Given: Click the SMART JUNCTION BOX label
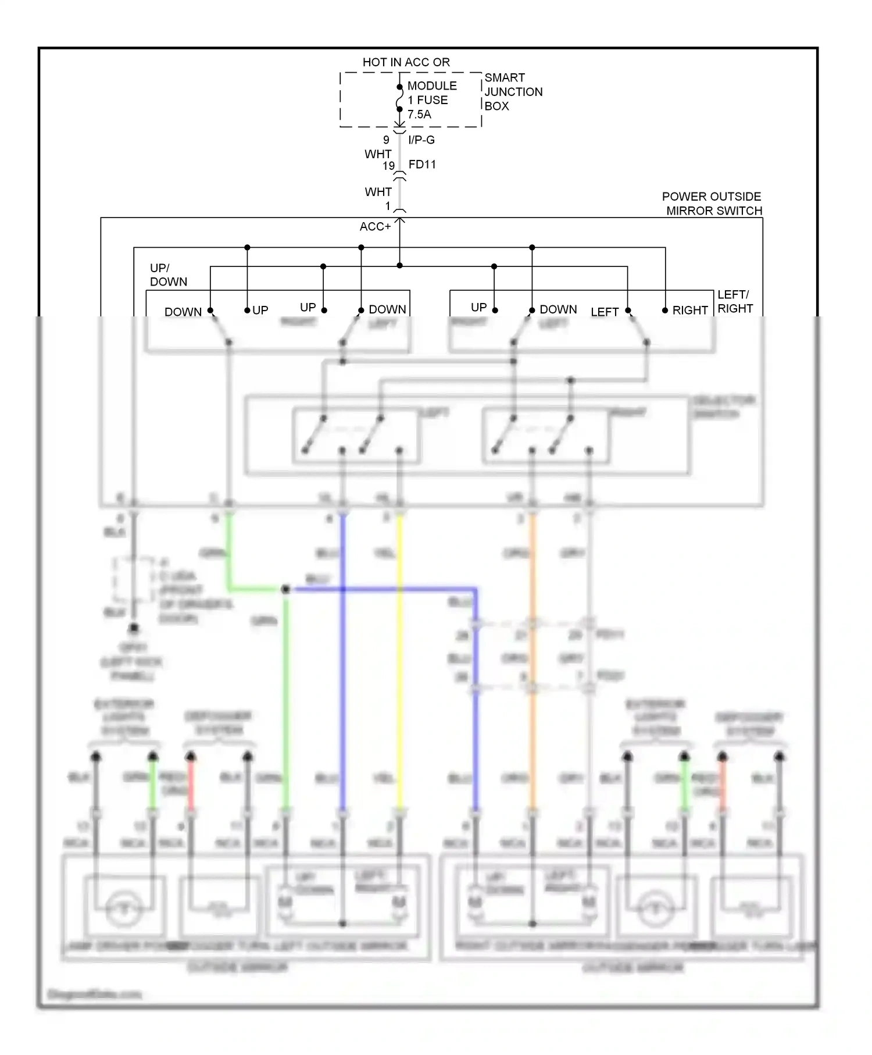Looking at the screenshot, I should tap(513, 92).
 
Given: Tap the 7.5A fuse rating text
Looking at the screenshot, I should tap(419, 115).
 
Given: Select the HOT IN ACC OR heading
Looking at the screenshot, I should tap(406, 62).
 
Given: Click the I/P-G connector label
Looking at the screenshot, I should tap(421, 140).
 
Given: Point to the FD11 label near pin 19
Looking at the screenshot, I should tap(422, 165).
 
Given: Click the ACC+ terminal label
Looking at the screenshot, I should tap(375, 227).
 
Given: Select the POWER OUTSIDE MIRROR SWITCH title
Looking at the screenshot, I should tap(713, 204).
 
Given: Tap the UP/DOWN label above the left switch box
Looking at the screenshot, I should tap(168, 275).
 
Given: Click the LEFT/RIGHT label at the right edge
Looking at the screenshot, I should tap(735, 301).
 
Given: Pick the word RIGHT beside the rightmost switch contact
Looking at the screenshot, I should tap(690, 311).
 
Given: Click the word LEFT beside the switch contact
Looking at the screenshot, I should tap(605, 312).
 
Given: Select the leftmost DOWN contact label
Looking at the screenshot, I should tap(183, 312).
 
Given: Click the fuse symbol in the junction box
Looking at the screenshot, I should tap(399, 98).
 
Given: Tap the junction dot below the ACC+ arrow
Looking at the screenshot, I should tap(399, 266).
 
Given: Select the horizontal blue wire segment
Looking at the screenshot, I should tap(384, 590).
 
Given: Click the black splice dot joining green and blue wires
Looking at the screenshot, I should tap(285, 590).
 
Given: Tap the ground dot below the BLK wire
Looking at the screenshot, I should tap(134, 628).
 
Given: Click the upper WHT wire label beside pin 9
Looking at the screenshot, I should tap(378, 154).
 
